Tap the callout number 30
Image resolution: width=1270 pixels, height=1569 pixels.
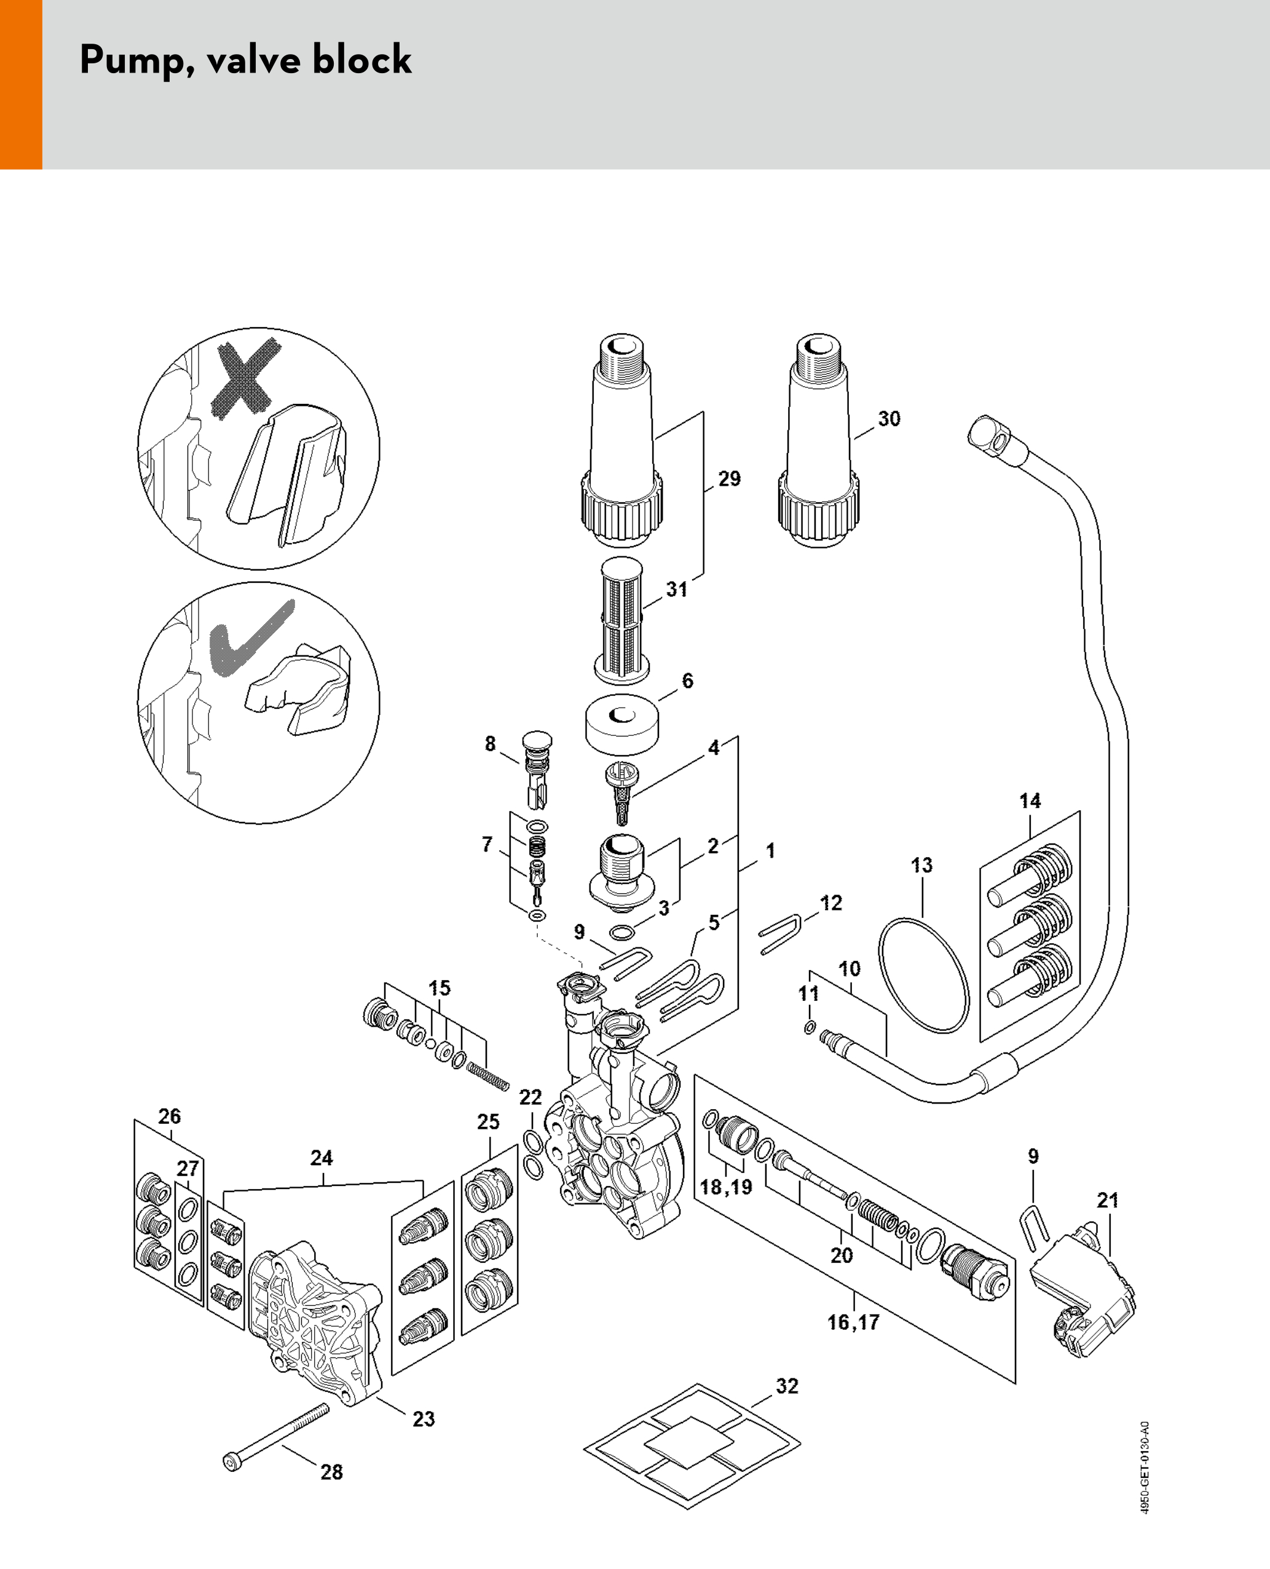889,419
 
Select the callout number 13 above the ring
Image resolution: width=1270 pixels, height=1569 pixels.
922,865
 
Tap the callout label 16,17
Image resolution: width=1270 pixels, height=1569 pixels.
853,1322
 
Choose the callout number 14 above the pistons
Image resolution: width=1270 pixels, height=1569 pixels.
1030,800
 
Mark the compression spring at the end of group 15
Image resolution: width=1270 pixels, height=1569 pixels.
487,1076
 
